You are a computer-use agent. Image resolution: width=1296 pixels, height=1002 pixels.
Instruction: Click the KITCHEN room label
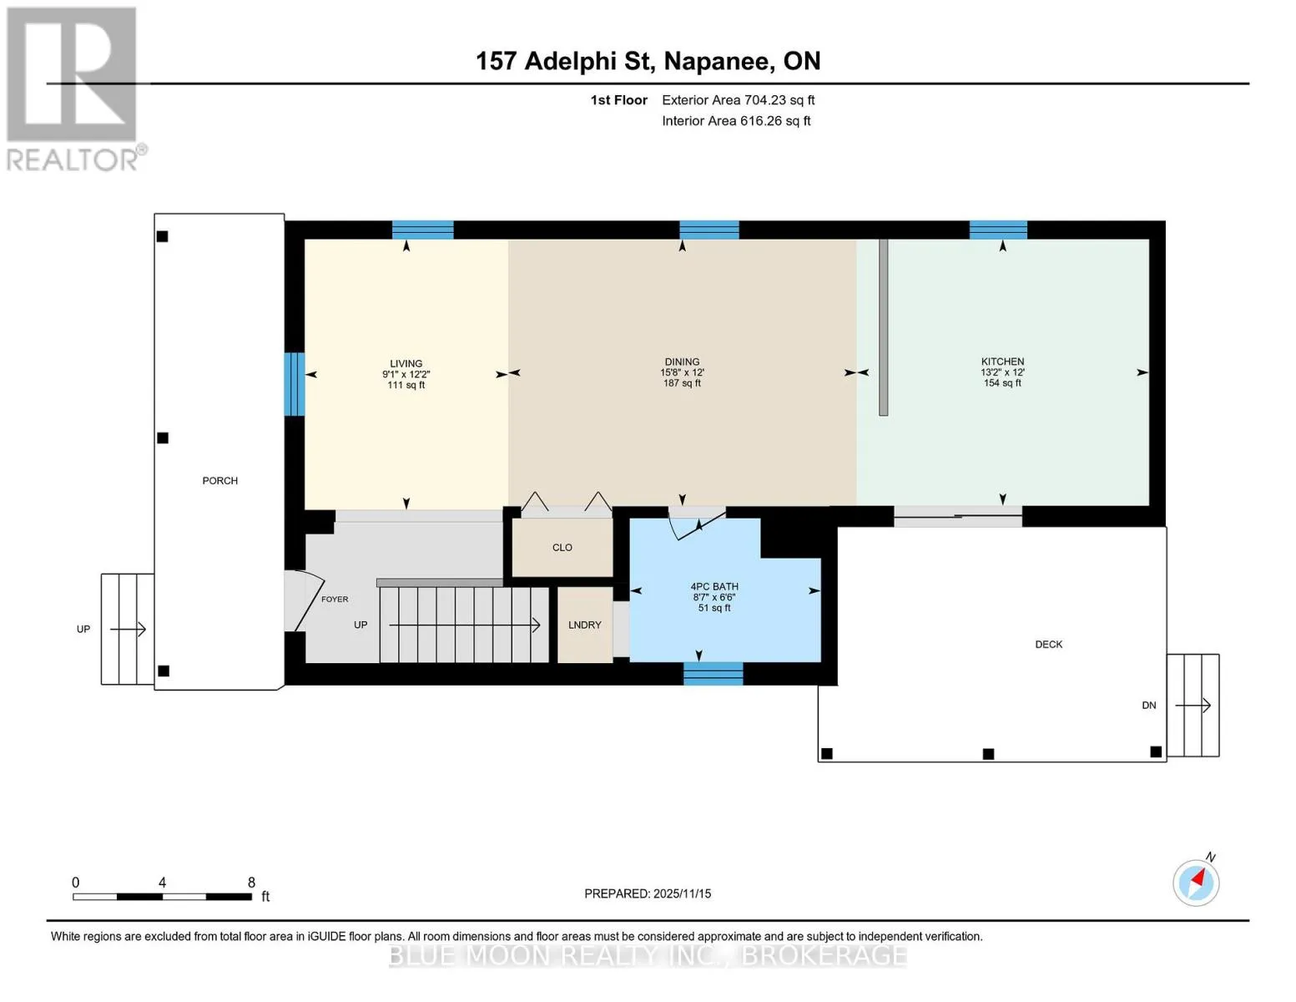(x=1002, y=361)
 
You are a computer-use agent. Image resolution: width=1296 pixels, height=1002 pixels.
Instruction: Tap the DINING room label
(x=682, y=362)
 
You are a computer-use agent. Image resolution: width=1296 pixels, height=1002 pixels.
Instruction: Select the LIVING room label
(x=406, y=363)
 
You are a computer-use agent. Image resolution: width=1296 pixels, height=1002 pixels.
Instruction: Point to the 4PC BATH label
(x=714, y=587)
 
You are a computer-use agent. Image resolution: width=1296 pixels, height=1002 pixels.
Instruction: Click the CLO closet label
(x=562, y=547)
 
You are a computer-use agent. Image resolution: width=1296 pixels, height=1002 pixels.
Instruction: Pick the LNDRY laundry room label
(x=584, y=625)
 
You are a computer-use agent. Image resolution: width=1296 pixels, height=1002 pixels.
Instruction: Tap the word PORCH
(x=219, y=480)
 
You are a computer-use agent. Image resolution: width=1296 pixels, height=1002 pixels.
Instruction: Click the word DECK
(x=1048, y=644)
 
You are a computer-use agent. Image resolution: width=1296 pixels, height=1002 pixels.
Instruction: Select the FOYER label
(x=335, y=600)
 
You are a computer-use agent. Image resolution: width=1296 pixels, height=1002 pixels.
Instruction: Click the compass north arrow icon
(x=1196, y=883)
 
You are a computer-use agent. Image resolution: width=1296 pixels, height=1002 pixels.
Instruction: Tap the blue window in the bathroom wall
(x=713, y=674)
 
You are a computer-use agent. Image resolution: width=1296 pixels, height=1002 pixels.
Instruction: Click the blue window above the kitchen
(x=998, y=230)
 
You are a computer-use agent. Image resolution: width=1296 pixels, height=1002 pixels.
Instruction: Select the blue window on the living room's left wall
(x=294, y=384)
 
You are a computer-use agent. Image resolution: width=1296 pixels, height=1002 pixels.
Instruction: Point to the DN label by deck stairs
(x=1148, y=706)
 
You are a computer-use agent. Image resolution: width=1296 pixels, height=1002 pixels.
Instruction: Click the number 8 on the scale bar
(x=251, y=882)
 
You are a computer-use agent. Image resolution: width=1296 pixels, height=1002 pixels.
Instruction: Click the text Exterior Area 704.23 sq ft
(x=738, y=100)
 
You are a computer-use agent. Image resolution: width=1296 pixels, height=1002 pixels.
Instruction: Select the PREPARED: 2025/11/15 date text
(x=647, y=893)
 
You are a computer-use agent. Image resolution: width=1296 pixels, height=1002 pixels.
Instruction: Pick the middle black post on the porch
(x=163, y=438)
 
